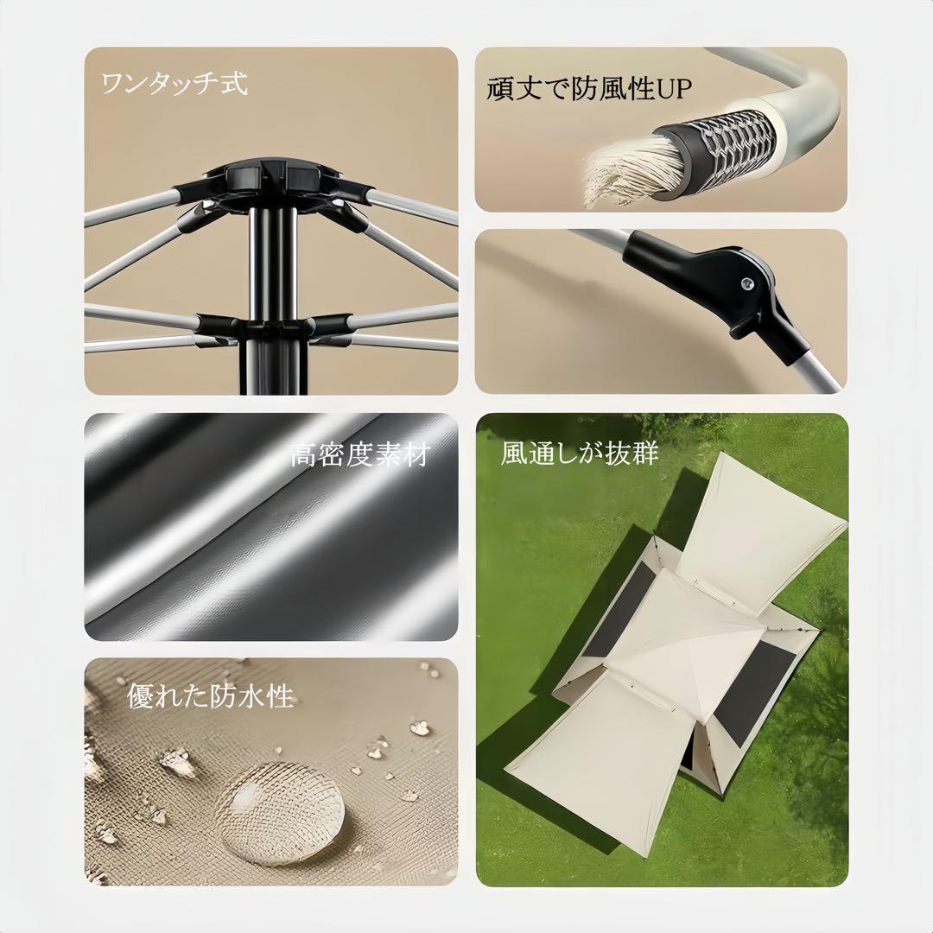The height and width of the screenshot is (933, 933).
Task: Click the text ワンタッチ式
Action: (x=175, y=85)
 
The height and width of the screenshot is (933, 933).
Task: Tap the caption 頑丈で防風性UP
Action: (x=590, y=89)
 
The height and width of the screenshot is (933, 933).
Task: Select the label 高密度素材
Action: (x=359, y=454)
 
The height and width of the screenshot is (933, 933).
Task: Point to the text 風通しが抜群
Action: (x=579, y=454)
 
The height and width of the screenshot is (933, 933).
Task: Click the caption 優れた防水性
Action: (x=211, y=696)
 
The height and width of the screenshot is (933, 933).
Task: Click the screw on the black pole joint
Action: (x=747, y=282)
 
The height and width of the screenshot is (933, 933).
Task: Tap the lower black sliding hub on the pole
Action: (x=270, y=327)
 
